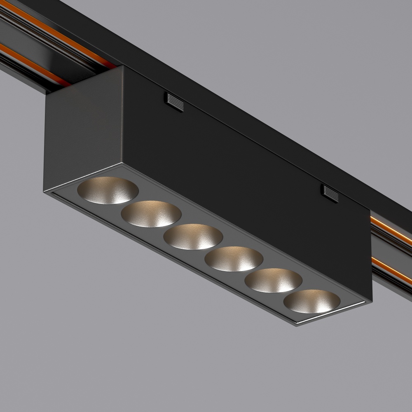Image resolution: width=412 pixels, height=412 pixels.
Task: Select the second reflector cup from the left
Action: [x=151, y=213]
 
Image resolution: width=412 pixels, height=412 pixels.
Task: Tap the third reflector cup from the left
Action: [x=193, y=236]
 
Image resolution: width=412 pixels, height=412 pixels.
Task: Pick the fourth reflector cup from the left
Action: [x=234, y=258]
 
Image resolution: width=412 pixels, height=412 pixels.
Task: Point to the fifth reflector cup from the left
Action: [x=274, y=280]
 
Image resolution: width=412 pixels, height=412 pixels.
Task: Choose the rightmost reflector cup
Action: [x=312, y=302]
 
